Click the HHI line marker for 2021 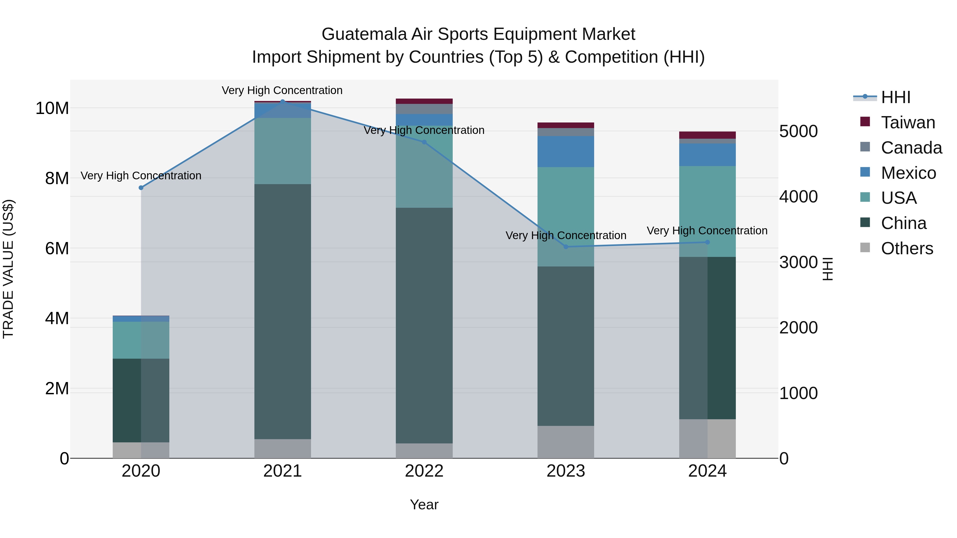282,102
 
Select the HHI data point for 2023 566,247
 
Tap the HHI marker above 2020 141,188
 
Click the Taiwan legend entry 908,122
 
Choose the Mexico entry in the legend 908,173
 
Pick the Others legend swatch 865,248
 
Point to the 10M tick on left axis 52,108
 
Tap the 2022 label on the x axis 424,471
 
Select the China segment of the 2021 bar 282,312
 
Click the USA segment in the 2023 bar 566,217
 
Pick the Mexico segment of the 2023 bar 566,151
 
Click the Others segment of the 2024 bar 707,439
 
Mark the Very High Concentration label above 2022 424,130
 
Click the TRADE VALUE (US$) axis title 8,269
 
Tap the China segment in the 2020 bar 141,400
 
